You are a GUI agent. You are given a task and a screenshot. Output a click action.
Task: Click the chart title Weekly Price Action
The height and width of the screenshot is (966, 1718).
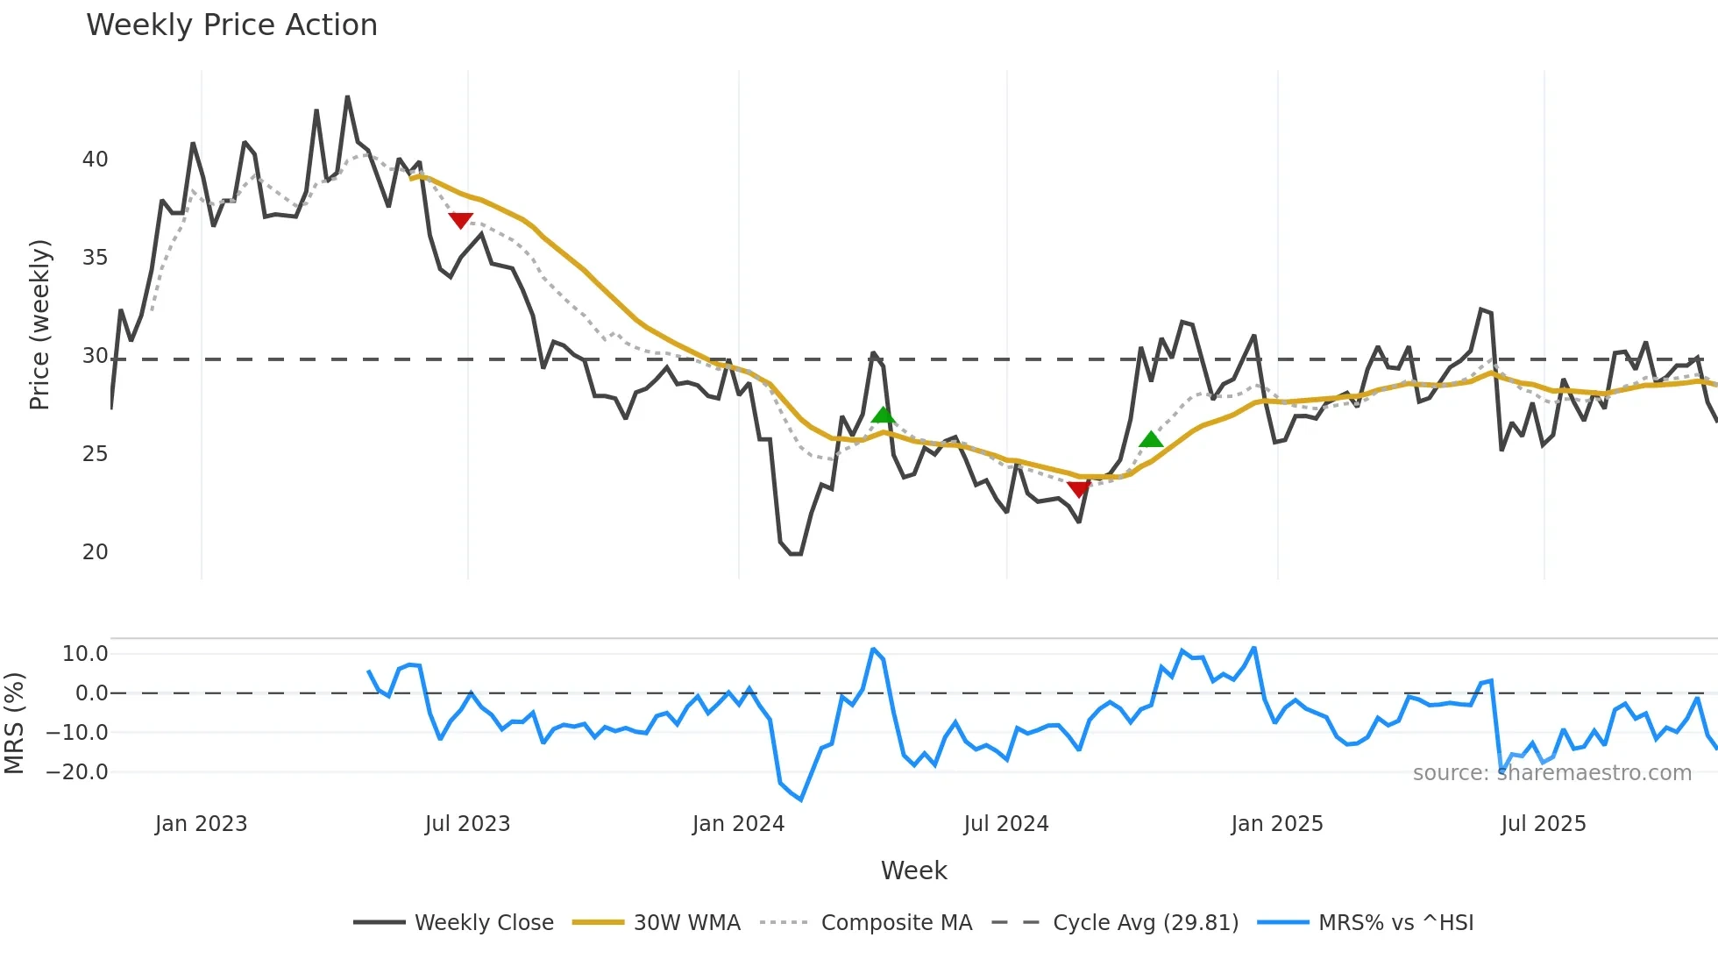click(231, 25)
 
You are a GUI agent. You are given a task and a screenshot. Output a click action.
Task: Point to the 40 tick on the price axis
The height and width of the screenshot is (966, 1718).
click(96, 160)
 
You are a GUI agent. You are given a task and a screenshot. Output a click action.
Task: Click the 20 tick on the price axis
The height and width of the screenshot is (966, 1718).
click(96, 552)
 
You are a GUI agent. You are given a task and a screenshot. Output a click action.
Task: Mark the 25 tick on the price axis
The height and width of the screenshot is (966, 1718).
click(96, 454)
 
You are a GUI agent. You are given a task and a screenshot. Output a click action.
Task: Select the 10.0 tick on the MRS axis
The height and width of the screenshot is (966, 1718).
click(85, 654)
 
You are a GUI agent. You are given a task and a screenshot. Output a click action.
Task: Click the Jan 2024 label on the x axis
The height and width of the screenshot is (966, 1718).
click(738, 824)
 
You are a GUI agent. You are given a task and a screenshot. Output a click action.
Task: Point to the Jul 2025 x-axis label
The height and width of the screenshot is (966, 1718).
click(1544, 824)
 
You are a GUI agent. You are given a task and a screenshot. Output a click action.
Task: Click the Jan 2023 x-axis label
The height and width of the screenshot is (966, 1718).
click(202, 824)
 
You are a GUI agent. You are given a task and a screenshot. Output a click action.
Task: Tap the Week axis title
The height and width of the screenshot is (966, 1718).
click(913, 870)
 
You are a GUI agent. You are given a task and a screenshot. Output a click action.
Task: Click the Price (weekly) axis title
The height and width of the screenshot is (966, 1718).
click(39, 324)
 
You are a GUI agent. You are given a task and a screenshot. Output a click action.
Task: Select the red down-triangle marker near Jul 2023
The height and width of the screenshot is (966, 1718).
click(461, 220)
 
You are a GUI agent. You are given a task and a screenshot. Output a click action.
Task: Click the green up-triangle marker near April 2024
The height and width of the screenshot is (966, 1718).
click(884, 416)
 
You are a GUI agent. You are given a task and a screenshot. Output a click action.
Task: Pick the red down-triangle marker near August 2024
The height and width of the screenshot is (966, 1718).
click(1079, 489)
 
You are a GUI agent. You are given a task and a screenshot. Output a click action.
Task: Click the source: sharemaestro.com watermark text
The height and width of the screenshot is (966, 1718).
click(1551, 773)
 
